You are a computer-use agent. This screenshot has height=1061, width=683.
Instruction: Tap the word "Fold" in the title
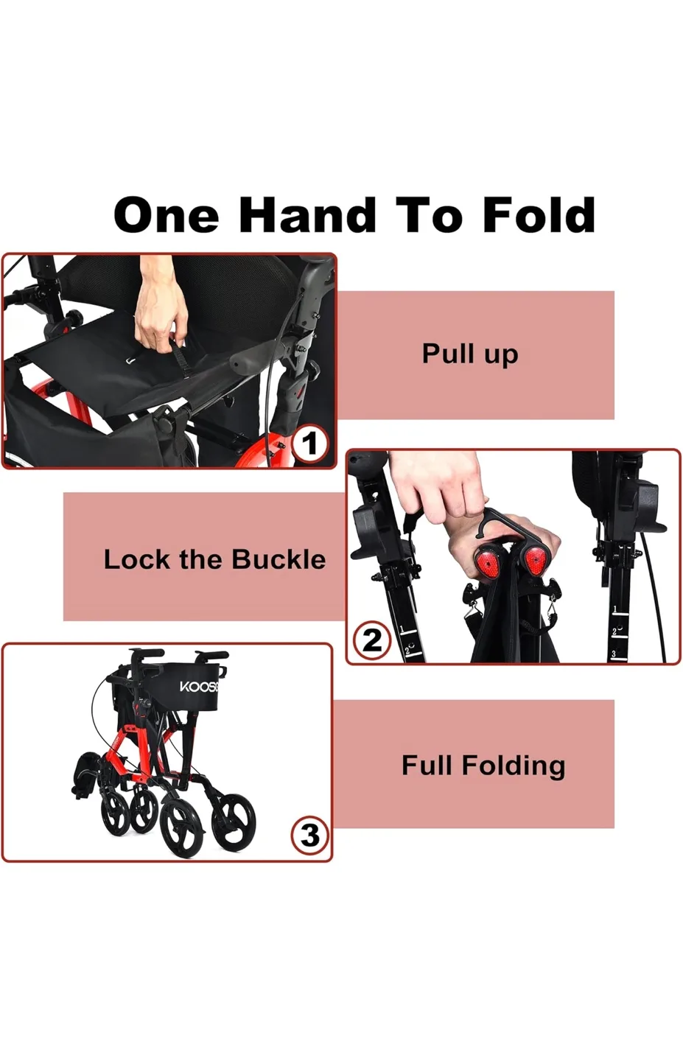[x=539, y=215]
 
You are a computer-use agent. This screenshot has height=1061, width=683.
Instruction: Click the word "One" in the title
[x=167, y=215]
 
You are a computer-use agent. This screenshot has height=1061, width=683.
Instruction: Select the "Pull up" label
[x=470, y=354]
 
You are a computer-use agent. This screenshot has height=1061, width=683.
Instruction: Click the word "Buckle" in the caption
[x=280, y=559]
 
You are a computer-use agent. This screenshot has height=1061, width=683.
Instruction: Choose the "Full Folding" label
[x=483, y=765]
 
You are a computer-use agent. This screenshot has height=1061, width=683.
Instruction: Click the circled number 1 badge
[x=309, y=444]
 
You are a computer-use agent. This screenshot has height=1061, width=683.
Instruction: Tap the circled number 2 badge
[x=371, y=640]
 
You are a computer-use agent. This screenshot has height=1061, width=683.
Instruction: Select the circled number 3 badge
[x=309, y=836]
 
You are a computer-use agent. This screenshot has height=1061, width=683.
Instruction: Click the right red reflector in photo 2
[x=538, y=564]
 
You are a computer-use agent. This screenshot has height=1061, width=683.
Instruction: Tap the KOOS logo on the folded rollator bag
[x=199, y=687]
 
